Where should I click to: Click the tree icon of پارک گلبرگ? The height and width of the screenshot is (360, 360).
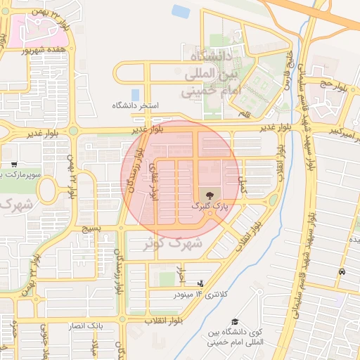click(209, 193)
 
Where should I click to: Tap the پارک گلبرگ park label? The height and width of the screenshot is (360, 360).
click(211, 206)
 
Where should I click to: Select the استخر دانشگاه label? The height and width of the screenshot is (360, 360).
click(136, 105)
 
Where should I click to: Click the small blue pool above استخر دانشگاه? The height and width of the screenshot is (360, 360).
click(135, 94)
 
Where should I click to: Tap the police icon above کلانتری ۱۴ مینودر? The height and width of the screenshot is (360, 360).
click(201, 283)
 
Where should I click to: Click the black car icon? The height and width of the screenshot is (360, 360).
click(342, 271)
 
